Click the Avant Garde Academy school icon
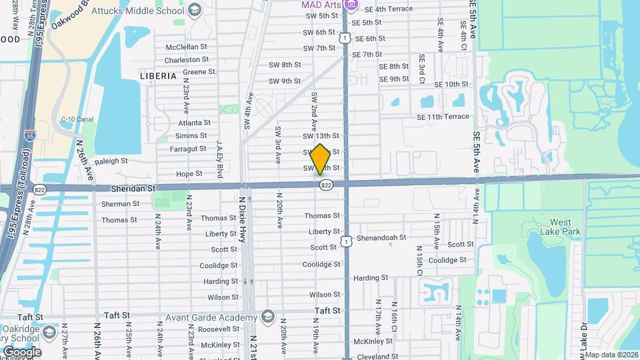click(x=268, y=315)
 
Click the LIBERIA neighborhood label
click(x=158, y=76)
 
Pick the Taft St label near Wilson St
click(x=327, y=311)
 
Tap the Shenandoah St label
click(x=383, y=237)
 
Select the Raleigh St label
click(x=111, y=161)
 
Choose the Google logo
click(x=21, y=351)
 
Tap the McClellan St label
click(x=187, y=47)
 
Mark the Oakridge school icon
click(x=49, y=331)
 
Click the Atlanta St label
click(x=194, y=123)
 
